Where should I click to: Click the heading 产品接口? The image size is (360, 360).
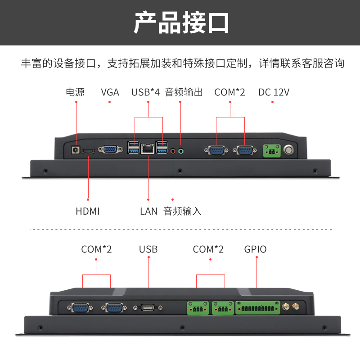pyautogui.click(x=181, y=22)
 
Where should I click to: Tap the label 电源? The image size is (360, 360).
pyautogui.click(x=75, y=92)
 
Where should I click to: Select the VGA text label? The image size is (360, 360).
pyautogui.click(x=110, y=92)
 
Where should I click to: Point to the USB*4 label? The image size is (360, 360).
pyautogui.click(x=145, y=92)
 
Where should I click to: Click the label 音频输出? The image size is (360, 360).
pyautogui.click(x=184, y=92)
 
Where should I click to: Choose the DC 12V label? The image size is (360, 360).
pyautogui.click(x=274, y=92)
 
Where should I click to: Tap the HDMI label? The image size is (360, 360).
pyautogui.click(x=88, y=211)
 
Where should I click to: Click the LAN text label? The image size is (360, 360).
pyautogui.click(x=148, y=211)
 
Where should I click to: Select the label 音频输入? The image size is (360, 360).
pyautogui.click(x=182, y=211)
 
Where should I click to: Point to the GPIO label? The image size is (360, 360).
pyautogui.click(x=255, y=249)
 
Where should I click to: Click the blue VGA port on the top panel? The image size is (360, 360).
pyautogui.click(x=109, y=149)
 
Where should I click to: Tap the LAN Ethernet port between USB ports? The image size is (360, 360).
pyautogui.click(x=148, y=148)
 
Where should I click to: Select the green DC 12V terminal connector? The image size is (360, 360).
pyautogui.click(x=272, y=150)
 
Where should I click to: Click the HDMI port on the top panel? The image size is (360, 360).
pyautogui.click(x=88, y=150)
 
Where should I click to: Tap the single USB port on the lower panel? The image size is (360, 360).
pyautogui.click(x=148, y=308)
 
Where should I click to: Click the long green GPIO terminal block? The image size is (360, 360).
pyautogui.click(x=257, y=308)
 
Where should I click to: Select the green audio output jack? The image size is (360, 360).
pyautogui.click(x=181, y=151)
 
